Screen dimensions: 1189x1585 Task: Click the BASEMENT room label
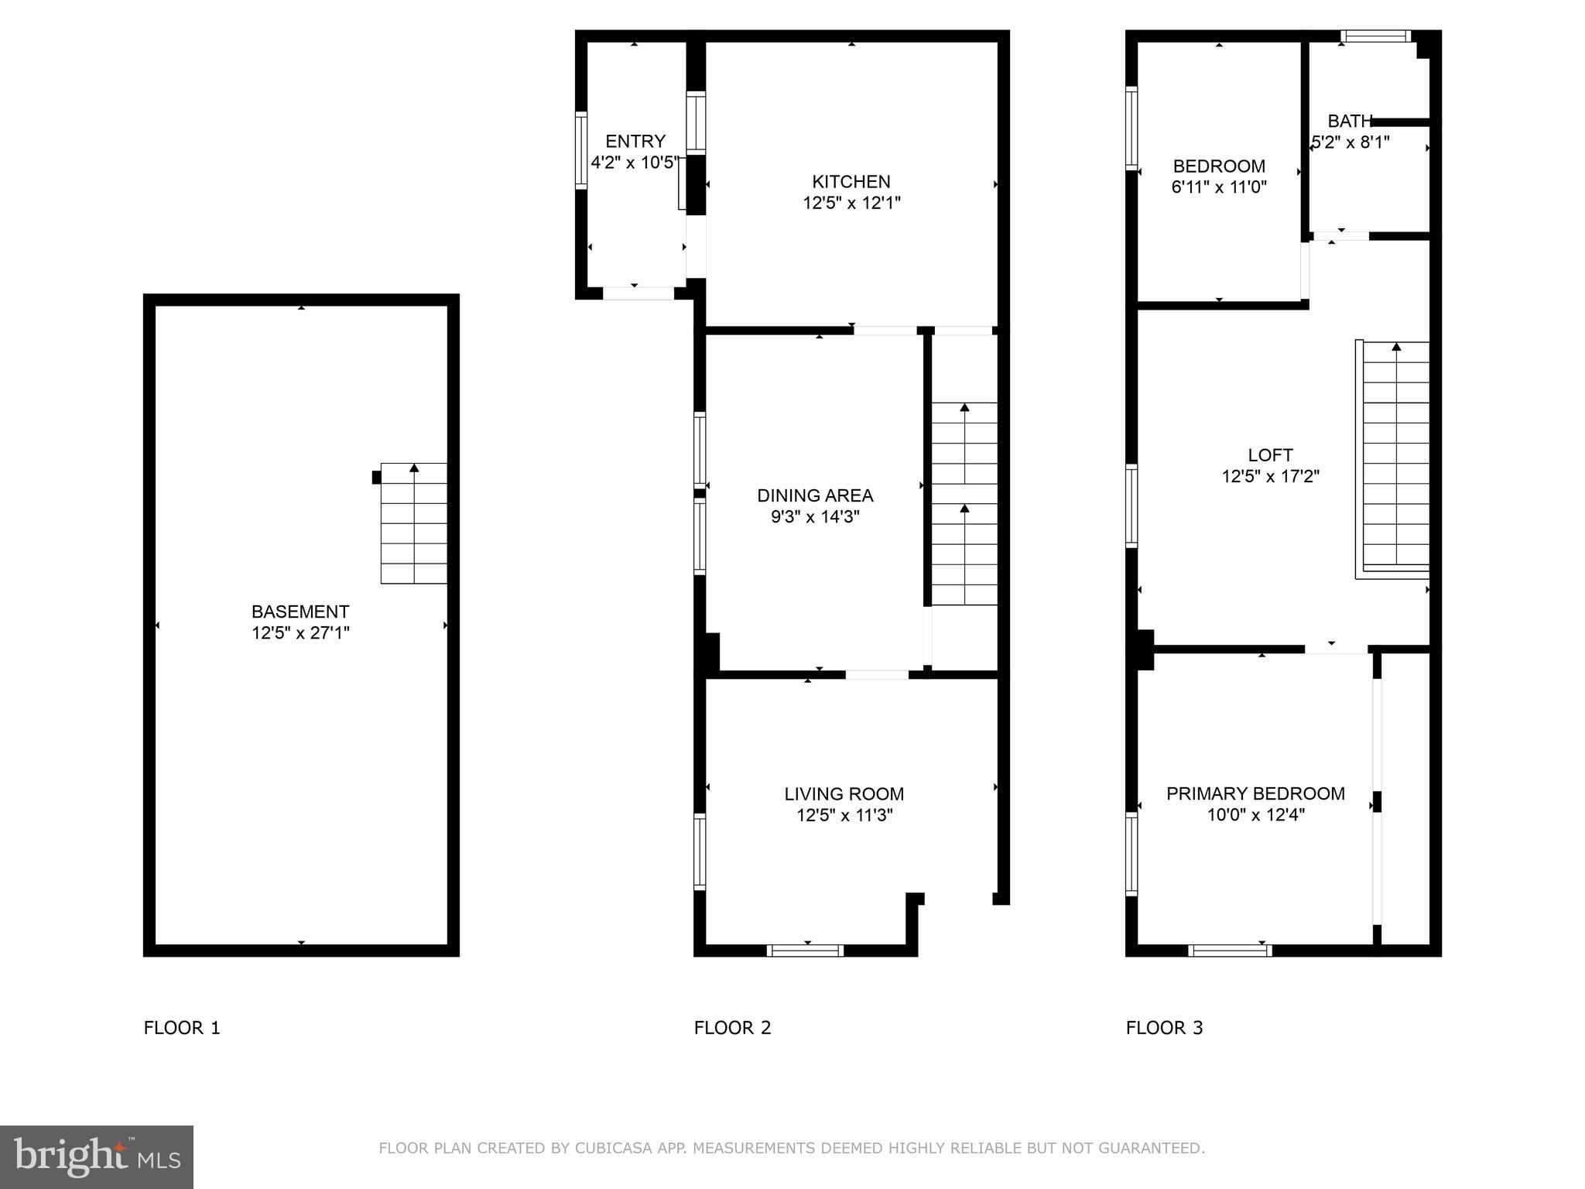tap(300, 612)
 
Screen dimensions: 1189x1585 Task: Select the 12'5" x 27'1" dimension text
tap(300, 633)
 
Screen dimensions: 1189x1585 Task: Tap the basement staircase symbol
tap(414, 523)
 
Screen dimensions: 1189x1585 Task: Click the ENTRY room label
tap(635, 141)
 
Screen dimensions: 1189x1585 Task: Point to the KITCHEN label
tap(851, 182)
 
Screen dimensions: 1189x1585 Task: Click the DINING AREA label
tap(815, 495)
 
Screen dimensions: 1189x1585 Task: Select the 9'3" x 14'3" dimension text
tap(815, 517)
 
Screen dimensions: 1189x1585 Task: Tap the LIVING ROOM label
tap(844, 793)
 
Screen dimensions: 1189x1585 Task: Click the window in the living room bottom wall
tap(805, 951)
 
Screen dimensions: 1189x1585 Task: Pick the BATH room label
tap(1349, 122)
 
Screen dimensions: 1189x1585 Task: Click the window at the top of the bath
tap(1375, 36)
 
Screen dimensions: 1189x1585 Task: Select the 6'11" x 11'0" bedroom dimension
tap(1219, 187)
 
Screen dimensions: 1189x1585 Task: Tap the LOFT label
tap(1270, 455)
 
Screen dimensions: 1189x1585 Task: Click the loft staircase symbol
tap(1395, 457)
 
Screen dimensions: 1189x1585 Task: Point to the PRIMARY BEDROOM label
tap(1255, 793)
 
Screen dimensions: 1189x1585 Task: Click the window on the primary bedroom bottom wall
tap(1230, 951)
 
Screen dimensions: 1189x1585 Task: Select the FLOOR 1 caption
tap(182, 1028)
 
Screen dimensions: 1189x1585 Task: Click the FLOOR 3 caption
tap(1164, 1028)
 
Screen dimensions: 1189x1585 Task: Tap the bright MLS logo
tap(97, 1156)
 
